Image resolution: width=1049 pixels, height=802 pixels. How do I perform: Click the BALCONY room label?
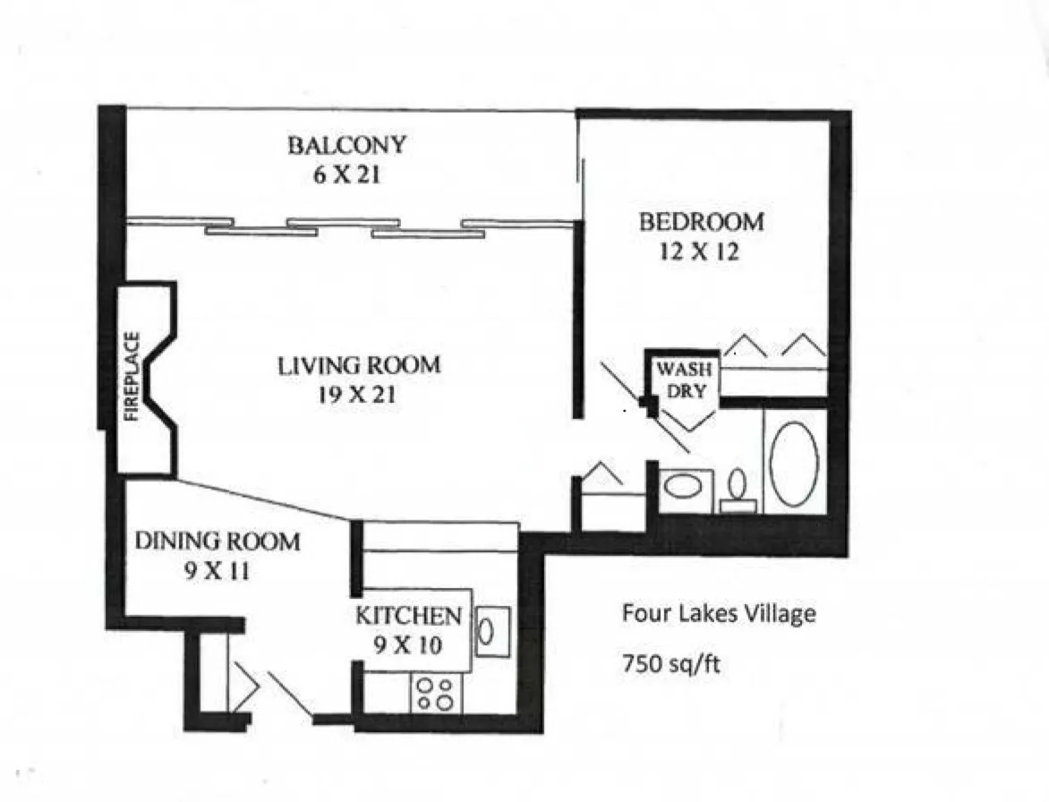click(x=346, y=145)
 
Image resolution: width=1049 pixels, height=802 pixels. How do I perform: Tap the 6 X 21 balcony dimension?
click(x=346, y=175)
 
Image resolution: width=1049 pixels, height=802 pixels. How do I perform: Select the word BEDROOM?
click(x=701, y=222)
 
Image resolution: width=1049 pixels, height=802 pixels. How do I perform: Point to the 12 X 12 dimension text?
click(x=700, y=252)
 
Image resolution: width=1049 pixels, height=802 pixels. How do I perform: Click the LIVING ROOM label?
click(x=359, y=366)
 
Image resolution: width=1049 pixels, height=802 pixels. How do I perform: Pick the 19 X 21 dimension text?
click(x=356, y=396)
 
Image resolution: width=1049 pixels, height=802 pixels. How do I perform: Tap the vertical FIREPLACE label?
click(x=132, y=377)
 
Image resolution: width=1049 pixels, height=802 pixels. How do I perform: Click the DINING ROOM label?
click(x=217, y=542)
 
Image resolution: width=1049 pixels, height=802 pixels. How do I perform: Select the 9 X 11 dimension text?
click(x=217, y=571)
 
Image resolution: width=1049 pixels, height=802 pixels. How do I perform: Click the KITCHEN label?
click(x=408, y=616)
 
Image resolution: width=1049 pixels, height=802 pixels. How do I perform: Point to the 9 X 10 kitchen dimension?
click(x=408, y=645)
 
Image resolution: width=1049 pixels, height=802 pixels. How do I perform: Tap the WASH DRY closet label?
click(x=684, y=380)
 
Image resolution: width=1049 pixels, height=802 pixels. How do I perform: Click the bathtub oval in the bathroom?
click(x=794, y=464)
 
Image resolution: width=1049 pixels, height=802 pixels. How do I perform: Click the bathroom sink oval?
click(x=683, y=486)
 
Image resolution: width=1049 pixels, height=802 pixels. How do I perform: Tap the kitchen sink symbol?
click(x=493, y=631)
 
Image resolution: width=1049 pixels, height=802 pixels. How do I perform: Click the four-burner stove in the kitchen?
click(x=436, y=694)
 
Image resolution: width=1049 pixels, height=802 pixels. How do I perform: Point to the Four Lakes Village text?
click(x=720, y=613)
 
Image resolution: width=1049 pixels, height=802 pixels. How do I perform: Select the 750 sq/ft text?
click(x=671, y=664)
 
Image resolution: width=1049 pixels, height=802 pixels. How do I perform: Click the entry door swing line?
click(x=290, y=694)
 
